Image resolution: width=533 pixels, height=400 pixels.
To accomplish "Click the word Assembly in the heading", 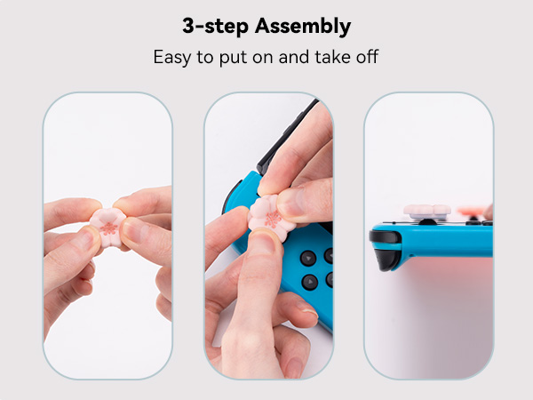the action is click(303, 27).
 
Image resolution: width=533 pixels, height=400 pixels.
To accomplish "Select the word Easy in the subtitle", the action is click(172, 57).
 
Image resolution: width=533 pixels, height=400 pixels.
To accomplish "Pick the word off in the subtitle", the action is click(367, 56).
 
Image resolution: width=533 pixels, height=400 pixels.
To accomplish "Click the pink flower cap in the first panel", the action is click(107, 227).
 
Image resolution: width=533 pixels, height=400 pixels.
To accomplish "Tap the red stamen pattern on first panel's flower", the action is click(108, 228).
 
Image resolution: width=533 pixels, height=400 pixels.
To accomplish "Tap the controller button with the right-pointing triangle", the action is click(310, 282).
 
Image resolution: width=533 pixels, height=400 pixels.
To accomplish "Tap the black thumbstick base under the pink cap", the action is click(427, 222).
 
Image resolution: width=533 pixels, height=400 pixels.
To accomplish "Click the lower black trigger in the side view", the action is click(387, 260).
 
